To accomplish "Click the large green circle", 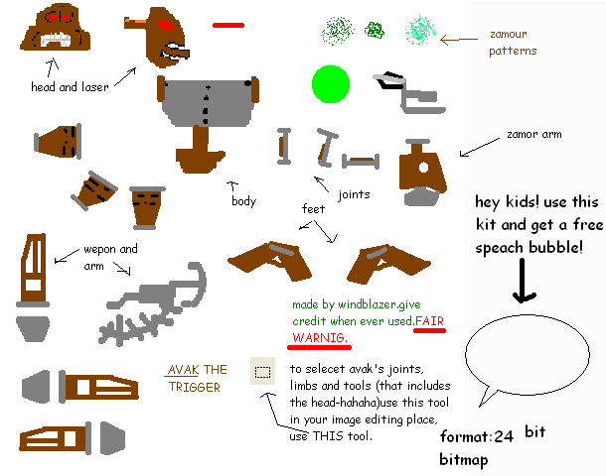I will click(x=330, y=83).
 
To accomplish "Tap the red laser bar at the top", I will click(x=227, y=25).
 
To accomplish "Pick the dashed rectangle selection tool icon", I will click(x=262, y=372).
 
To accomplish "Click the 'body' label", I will click(x=243, y=201).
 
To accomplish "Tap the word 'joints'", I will click(x=355, y=193).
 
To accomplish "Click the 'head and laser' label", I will click(x=70, y=87).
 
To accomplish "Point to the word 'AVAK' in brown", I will click(x=185, y=370).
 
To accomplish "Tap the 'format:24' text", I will click(x=476, y=436).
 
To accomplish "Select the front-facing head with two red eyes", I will click(x=54, y=27).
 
